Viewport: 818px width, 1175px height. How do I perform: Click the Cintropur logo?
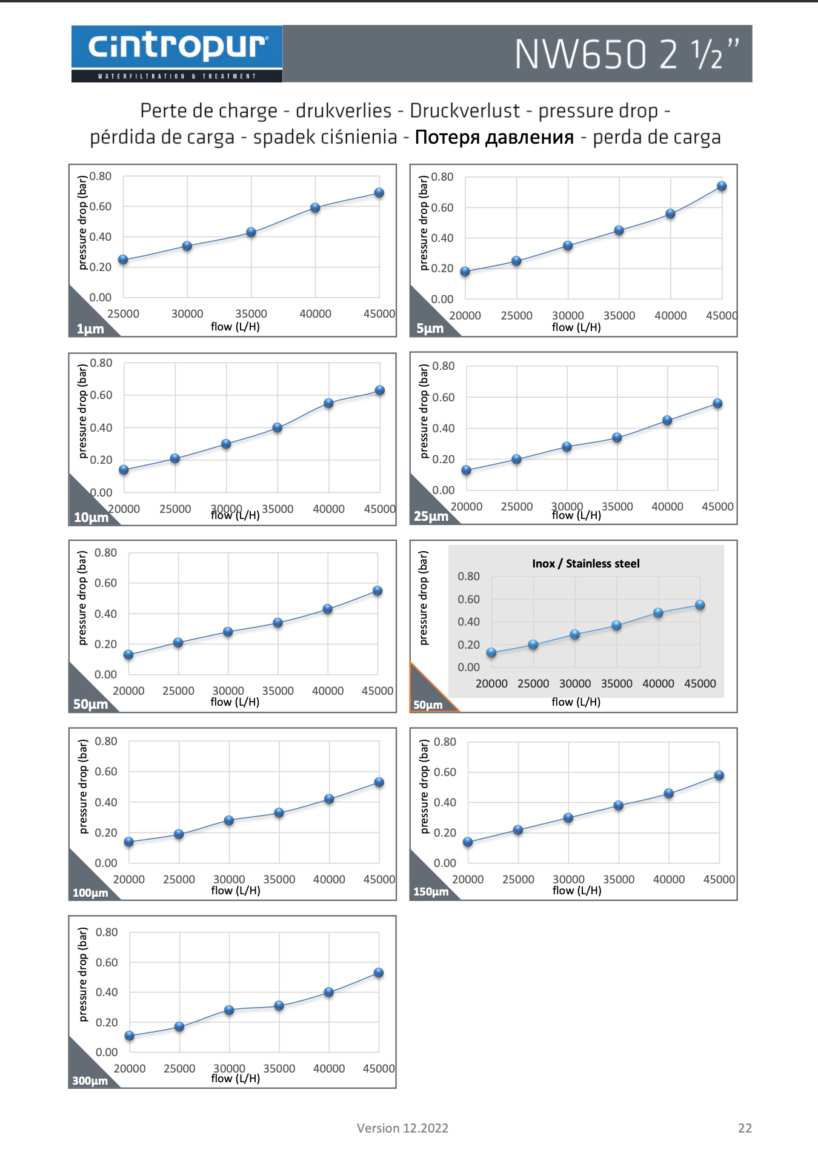176,53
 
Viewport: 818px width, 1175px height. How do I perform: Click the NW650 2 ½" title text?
627,55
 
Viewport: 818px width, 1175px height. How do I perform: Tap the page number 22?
745,1128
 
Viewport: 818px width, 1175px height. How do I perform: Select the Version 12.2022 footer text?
402,1128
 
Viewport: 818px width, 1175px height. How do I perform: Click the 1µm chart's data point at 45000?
379,193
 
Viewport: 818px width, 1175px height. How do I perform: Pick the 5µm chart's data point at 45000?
722,186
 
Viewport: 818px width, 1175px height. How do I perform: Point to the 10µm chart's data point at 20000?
124,470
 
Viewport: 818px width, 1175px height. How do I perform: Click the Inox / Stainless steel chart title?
585,563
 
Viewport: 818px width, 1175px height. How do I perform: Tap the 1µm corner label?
90,329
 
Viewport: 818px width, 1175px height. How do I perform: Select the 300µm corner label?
90,1080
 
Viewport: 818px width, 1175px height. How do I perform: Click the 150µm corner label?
431,892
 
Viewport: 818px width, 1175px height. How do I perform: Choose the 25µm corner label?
431,517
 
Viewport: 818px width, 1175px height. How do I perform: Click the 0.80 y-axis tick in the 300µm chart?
107,932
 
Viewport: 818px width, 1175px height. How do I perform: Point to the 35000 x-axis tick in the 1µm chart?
251,313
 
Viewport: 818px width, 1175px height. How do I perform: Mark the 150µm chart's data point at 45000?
719,775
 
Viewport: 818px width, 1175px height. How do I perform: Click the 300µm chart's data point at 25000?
179,1026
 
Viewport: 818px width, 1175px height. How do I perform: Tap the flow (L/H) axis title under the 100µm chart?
236,890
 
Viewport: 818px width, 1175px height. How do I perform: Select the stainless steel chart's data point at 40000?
658,613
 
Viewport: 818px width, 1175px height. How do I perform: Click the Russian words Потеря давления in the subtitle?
494,137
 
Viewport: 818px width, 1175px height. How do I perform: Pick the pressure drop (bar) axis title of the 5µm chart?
424,223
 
